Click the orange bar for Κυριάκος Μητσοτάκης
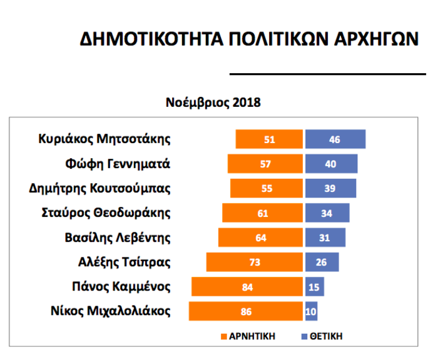coord(269,139)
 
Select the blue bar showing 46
coord(335,139)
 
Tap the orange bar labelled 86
coord(246,311)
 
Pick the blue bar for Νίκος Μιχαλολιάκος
coord(312,311)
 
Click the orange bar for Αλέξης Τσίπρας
coord(255,262)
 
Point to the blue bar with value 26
coord(322,262)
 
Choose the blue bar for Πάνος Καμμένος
coord(315,287)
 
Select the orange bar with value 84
coord(247,287)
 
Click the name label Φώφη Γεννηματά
coord(118,164)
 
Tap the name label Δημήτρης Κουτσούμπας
coord(100,188)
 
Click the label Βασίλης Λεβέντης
coord(118,237)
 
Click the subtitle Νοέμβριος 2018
coord(213,102)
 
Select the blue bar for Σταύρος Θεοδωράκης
coord(327,212)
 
